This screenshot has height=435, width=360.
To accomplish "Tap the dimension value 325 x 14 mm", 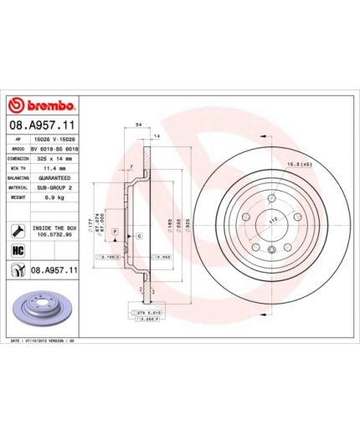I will point(56,156).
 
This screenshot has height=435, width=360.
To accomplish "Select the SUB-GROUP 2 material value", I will point(56,187).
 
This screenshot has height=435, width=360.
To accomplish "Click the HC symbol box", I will point(18,250).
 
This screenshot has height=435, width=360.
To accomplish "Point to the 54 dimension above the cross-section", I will point(137,123).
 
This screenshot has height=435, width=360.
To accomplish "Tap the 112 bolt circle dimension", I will point(273,220).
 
